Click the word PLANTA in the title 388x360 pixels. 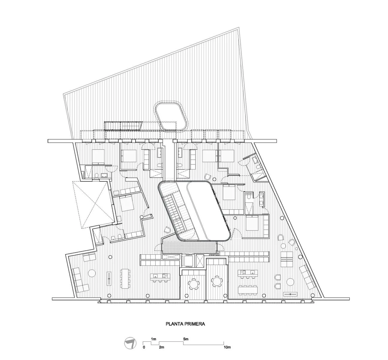pos(174,324)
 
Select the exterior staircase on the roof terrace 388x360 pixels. pos(123,125)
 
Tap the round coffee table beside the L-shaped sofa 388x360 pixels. pos(92,273)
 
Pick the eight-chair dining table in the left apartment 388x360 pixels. pos(125,278)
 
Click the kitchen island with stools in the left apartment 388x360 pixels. pos(160,277)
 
